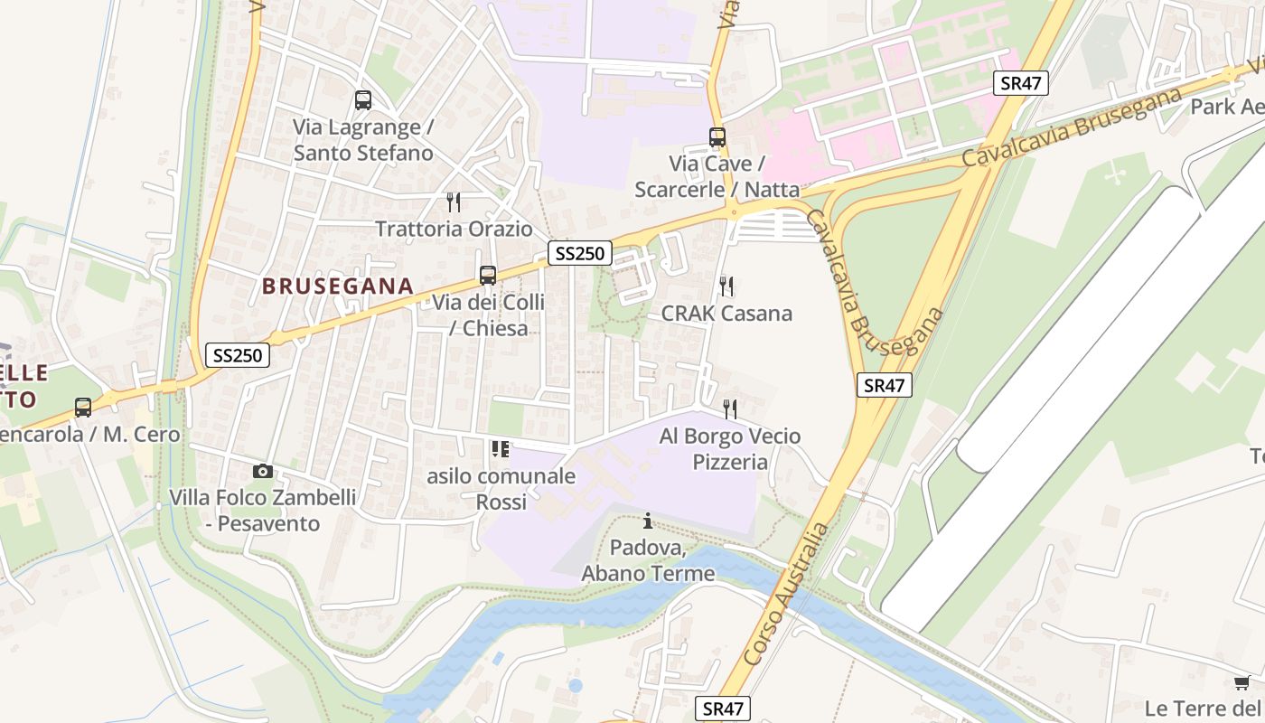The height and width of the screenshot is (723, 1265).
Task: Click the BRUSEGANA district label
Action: [x=337, y=286]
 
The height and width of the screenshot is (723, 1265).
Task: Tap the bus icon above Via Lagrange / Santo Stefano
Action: [x=363, y=100]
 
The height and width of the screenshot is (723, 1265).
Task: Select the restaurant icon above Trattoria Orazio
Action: [x=454, y=202]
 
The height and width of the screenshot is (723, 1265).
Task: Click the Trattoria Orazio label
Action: [x=454, y=229]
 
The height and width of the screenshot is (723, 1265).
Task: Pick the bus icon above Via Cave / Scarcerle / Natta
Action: [x=717, y=137]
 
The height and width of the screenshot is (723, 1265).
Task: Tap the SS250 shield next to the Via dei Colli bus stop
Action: [x=579, y=253]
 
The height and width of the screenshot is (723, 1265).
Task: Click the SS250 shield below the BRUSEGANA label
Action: [x=238, y=355]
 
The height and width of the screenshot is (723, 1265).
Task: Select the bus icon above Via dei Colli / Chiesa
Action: [x=488, y=275]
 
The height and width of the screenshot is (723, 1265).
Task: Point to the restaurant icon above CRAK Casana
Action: [x=726, y=286]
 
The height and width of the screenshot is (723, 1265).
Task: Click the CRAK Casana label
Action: [x=726, y=314]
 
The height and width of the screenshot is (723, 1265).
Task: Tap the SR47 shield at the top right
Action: [x=1021, y=83]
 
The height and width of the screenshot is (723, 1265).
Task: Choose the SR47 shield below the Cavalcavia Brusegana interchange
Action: [x=884, y=385]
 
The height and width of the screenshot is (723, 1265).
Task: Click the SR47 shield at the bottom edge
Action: [x=722, y=709]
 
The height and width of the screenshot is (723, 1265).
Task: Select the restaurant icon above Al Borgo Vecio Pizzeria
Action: [x=730, y=409]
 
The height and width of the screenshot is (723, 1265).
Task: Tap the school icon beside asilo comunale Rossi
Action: [x=501, y=448]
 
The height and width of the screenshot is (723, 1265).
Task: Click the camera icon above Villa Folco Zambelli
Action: [x=263, y=471]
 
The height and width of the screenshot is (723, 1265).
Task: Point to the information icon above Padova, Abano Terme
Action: [x=648, y=521]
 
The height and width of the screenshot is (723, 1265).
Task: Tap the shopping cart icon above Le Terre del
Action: [x=1242, y=682]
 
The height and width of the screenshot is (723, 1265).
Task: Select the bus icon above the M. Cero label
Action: [x=83, y=408]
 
